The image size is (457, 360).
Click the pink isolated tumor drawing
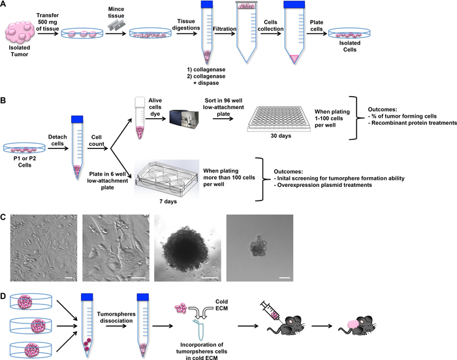[20, 31]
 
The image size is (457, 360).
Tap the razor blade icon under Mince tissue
[116, 25]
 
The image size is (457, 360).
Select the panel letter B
[3, 101]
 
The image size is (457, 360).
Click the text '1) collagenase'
[206, 70]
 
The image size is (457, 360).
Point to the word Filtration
[225, 29]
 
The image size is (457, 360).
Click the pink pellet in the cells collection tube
[294, 58]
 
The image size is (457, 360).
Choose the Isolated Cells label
[349, 46]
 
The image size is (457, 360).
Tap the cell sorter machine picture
[184, 120]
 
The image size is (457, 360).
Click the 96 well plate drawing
[279, 120]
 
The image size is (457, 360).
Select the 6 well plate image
[166, 178]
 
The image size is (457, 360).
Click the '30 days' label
[281, 136]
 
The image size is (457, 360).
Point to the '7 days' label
[168, 201]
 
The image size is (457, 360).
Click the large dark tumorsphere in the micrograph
[187, 249]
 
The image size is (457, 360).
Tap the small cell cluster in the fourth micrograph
[259, 248]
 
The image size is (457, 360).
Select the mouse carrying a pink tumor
[357, 326]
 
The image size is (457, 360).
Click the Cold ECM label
[221, 305]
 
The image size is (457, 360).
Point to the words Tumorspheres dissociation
[116, 318]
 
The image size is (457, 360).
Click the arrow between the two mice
[322, 326]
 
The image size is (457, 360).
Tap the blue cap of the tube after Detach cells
[77, 119]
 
